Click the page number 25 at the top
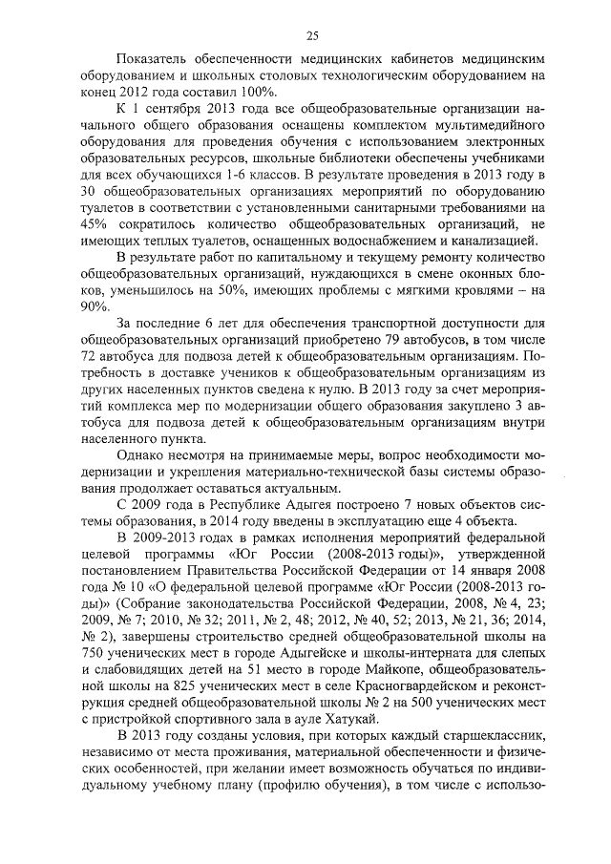311,36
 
